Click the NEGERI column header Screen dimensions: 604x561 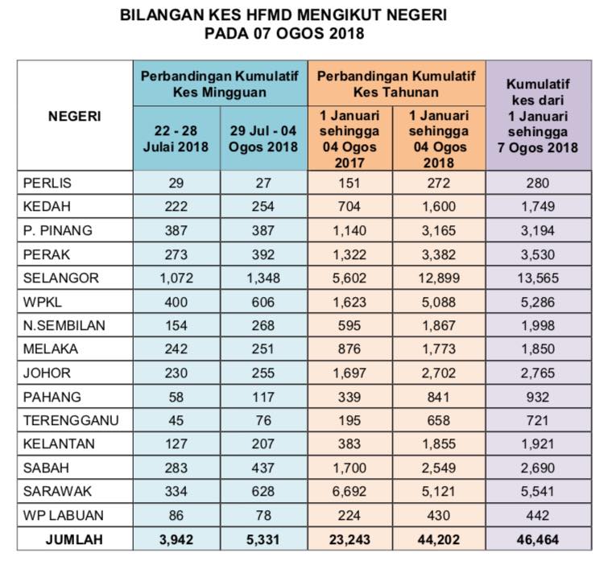pos(75,116)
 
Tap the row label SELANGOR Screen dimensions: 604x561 pos(61,278)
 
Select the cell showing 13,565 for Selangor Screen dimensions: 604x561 pos(538,278)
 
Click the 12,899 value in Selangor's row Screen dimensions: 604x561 pos(439,278)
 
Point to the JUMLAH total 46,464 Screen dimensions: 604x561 pos(538,539)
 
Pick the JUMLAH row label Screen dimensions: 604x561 pos(74,539)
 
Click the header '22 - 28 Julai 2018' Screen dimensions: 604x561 pos(176,138)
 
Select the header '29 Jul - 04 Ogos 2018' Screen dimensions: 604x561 pos(263,138)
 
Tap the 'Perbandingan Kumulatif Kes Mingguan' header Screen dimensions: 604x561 pos(220,84)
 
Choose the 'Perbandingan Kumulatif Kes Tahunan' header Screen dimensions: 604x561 pos(396,84)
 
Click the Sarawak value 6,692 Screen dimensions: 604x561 pos(350,491)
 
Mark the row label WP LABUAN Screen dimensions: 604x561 pos(63,515)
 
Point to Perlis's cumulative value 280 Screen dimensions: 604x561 pos(538,183)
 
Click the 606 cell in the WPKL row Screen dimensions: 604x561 pos(263,302)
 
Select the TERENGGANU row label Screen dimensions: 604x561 pos(71,420)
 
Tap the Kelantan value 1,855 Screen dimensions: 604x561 pos(439,444)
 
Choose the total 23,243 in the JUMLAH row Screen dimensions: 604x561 pos(350,539)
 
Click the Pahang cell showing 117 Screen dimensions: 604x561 pos(263,397)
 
